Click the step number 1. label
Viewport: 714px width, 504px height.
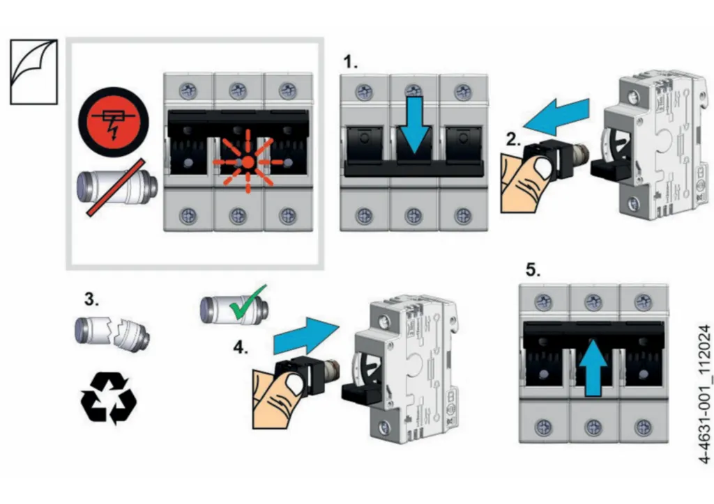click(351, 62)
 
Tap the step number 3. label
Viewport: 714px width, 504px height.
click(91, 300)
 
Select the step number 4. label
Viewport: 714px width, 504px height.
click(241, 349)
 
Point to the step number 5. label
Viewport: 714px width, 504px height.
click(533, 271)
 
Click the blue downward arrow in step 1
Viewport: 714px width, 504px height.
click(413, 123)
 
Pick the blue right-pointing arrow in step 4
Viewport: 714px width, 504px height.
click(305, 336)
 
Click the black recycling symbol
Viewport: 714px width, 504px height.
click(109, 397)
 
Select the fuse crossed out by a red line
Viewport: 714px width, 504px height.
click(116, 186)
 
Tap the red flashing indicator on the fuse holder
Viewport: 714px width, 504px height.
click(248, 162)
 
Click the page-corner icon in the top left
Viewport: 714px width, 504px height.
click(33, 72)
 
